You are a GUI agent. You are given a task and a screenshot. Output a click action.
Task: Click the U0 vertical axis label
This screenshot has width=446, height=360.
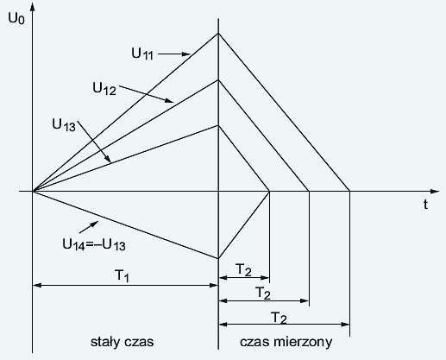tap(16, 19)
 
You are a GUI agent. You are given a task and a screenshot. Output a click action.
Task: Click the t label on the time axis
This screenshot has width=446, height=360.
tap(425, 205)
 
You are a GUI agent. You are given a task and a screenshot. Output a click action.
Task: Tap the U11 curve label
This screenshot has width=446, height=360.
tap(142, 54)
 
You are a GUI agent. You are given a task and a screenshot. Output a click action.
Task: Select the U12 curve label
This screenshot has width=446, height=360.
tap(104, 89)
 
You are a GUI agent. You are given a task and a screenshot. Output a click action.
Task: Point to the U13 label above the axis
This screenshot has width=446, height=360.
tap(64, 125)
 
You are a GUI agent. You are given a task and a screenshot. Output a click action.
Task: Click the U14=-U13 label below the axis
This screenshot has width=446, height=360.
tap(94, 245)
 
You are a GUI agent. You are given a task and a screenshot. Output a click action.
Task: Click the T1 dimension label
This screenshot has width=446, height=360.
tap(122, 275)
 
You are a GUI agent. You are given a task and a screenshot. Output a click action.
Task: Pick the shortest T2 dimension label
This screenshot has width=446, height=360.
tap(243, 270)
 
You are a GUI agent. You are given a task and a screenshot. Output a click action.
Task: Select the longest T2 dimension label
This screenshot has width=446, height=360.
tap(279, 319)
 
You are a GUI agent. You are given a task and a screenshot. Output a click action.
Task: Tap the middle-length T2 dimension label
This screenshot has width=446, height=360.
tap(263, 294)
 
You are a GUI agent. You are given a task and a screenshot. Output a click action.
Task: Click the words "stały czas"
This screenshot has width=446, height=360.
tap(122, 342)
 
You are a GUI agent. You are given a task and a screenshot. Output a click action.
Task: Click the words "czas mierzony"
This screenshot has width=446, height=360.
tap(286, 342)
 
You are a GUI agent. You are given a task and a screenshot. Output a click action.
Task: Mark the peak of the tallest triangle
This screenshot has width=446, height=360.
tap(218, 34)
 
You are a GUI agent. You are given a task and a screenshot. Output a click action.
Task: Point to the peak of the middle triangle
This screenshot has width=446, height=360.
tap(218, 79)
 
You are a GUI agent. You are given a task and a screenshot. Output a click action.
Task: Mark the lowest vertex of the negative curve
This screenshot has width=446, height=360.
tap(218, 258)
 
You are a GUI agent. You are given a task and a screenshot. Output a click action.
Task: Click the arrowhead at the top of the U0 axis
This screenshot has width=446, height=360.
tap(33, 6)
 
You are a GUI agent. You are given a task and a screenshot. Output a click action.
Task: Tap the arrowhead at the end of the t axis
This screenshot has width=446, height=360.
tap(435, 191)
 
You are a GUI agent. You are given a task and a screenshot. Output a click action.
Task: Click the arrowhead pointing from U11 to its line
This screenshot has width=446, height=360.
tap(186, 54)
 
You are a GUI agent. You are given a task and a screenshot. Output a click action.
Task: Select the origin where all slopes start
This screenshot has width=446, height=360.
tap(33, 191)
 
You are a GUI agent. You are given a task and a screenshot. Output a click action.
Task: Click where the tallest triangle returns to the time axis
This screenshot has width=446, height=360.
tap(349, 191)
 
